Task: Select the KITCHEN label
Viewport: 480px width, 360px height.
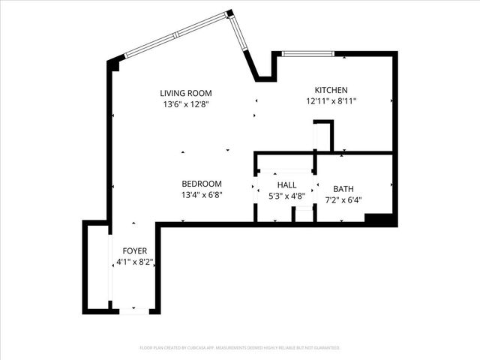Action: [x=331, y=89]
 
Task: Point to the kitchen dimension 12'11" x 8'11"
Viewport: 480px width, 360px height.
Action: [x=331, y=101]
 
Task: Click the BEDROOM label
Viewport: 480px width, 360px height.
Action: [x=202, y=184]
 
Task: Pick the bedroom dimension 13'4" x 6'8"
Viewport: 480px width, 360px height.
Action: [x=202, y=195]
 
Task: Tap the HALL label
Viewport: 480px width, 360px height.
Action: [x=286, y=184]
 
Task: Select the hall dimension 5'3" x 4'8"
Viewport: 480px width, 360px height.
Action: [x=286, y=196]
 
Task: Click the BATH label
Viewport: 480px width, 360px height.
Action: [x=343, y=189]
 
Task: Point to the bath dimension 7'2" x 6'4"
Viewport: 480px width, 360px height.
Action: [x=343, y=200]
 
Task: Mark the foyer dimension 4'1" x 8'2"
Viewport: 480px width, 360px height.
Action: [x=135, y=262]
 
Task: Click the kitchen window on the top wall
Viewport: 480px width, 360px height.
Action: [x=308, y=54]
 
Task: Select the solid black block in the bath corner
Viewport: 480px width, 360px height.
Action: [x=379, y=218]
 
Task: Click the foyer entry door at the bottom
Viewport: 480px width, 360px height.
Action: [x=134, y=309]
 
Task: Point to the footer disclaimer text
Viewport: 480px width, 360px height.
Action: [x=240, y=348]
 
